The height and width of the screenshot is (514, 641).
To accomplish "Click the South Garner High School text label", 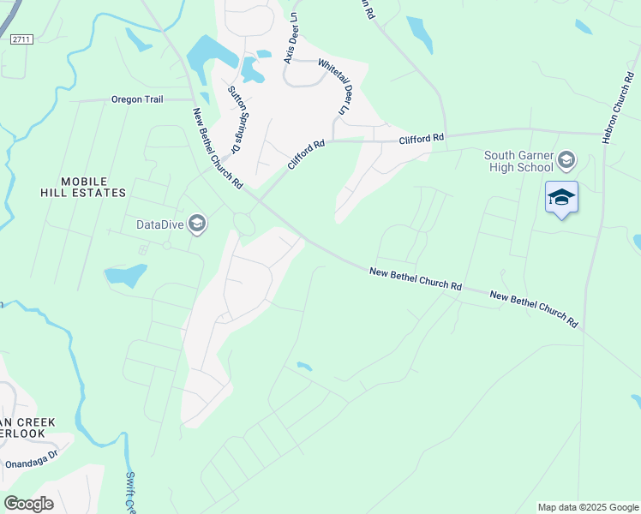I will click(x=518, y=161).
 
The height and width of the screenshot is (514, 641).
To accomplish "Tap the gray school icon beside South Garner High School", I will click(x=566, y=159).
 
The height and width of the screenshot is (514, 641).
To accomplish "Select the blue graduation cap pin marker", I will click(x=561, y=198).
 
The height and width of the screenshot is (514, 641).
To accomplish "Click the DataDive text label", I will click(x=160, y=225).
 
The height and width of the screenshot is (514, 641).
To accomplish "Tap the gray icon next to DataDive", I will click(x=196, y=224).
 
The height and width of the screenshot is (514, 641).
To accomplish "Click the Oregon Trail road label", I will click(x=137, y=99).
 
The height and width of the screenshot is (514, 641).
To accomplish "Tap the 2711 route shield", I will click(x=21, y=39).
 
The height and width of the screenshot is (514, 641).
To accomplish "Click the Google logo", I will click(x=28, y=503).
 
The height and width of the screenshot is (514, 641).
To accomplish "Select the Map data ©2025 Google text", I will click(x=588, y=507).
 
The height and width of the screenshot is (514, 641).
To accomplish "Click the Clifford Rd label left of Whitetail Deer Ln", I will click(x=307, y=153).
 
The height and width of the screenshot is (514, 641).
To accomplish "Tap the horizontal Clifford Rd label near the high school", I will click(x=422, y=137).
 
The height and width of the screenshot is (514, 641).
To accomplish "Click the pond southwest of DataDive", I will click(x=125, y=276).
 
